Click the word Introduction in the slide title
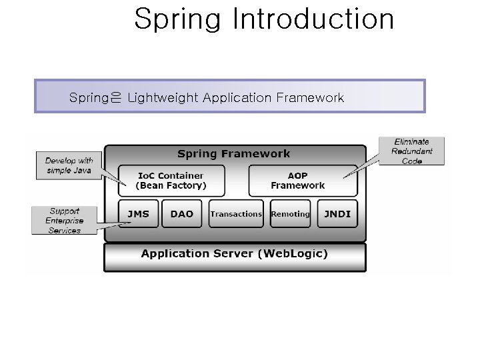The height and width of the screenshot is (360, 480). pos(313,19)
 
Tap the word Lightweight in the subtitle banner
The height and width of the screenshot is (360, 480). pos(162,98)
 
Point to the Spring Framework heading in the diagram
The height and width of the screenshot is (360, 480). pos(233,154)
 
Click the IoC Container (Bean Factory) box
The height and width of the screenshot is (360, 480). pos(171,181)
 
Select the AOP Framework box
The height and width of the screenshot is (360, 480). pos(297,181)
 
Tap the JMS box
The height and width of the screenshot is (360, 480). pos(139,214)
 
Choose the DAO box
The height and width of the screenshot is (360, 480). pos(181,214)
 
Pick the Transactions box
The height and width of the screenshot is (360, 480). pos(236,214)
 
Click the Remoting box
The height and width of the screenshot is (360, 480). pos(290,214)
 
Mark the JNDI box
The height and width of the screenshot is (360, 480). pos(337,214)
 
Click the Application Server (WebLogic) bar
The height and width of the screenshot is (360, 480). pos(235,254)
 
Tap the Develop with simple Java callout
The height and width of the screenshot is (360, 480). pos(69,165)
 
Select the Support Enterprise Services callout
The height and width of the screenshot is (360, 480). pos(64,221)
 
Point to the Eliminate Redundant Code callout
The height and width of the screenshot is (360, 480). pos(411,151)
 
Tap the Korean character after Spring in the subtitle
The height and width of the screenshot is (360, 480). pos(116,99)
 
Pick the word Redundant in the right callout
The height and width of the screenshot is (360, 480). pos(411,151)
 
